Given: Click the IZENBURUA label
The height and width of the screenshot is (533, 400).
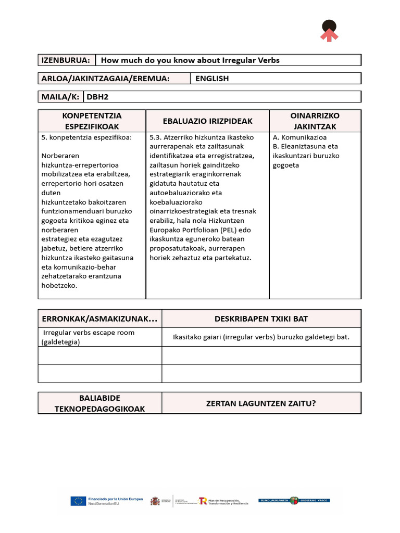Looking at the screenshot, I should pos(66,60).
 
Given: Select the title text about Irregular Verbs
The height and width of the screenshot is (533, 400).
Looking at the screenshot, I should pos(190,60).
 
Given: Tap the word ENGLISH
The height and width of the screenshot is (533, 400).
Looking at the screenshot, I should pos(212,79).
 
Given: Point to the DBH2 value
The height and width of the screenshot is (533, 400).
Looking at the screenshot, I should pos(97,97).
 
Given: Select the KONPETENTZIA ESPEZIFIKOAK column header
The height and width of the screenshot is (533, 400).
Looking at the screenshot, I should pos(92,121).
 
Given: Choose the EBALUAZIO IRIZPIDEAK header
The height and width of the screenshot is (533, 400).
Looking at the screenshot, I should pos(207,121).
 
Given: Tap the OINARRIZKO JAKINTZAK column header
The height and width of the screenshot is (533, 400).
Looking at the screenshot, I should pos(315,121).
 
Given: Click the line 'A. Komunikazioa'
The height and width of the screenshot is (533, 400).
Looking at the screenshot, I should pos(299,137).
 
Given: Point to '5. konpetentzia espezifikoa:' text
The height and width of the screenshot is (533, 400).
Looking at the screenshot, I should pos(86,137).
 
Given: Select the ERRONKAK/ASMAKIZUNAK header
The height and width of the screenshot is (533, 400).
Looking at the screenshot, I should pos(99,319).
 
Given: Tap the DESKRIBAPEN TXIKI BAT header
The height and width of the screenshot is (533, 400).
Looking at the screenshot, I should pos(261,319).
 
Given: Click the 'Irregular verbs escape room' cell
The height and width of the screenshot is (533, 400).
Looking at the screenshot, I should pos(89,337).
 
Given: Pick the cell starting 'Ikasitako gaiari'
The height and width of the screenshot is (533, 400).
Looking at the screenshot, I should pos(261,337).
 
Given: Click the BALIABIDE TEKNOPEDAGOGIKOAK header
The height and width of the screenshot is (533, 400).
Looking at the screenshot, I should pos(99,403).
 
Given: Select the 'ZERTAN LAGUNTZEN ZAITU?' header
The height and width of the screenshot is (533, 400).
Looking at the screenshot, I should pos(261,403).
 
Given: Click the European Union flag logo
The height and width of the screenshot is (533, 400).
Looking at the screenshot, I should pos(79,501).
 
